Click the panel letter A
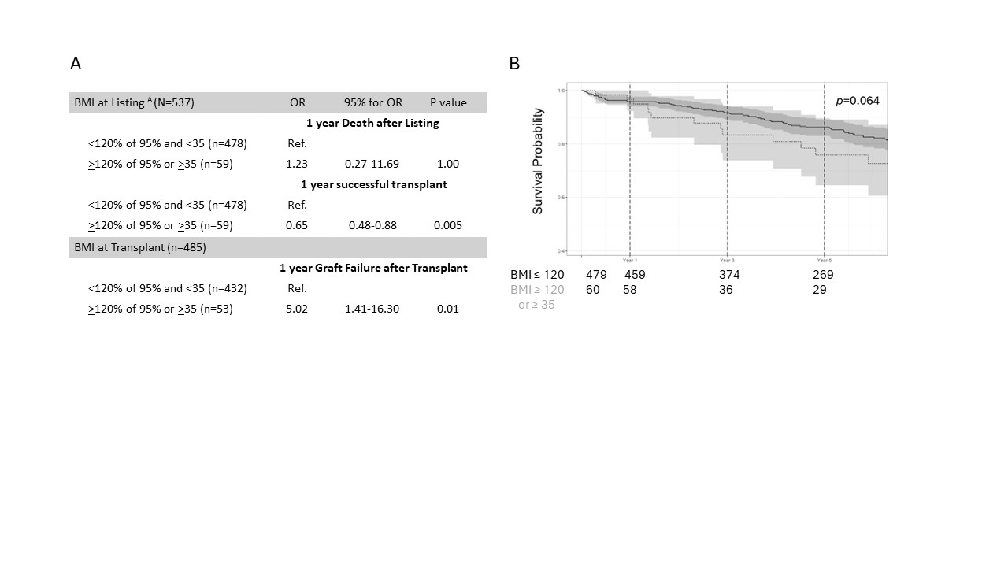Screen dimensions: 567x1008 pyautogui.click(x=76, y=64)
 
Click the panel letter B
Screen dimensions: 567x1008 pyautogui.click(x=514, y=64)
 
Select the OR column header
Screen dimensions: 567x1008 pyautogui.click(x=297, y=102)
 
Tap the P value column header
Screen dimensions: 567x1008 pyautogui.click(x=448, y=102)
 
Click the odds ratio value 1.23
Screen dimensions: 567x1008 pyautogui.click(x=297, y=164)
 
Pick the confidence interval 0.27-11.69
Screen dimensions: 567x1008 pyautogui.click(x=372, y=164)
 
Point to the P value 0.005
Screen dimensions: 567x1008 pyautogui.click(x=448, y=225)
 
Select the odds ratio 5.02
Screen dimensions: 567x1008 pyautogui.click(x=297, y=309)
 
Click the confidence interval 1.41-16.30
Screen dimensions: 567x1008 pyautogui.click(x=372, y=309)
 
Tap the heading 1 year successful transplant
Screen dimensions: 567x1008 pyautogui.click(x=373, y=184)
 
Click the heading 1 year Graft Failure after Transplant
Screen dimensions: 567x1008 pyautogui.click(x=373, y=268)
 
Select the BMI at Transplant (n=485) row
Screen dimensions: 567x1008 pyautogui.click(x=139, y=247)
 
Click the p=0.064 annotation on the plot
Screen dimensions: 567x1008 pyautogui.click(x=858, y=101)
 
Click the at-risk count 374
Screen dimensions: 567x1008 pyautogui.click(x=729, y=275)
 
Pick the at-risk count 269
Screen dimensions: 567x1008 pyautogui.click(x=823, y=275)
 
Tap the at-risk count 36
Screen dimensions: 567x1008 pyautogui.click(x=726, y=290)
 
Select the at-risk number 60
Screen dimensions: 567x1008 pyautogui.click(x=593, y=290)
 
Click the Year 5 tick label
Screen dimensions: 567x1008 pyautogui.click(x=824, y=260)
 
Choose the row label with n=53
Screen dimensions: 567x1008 pyautogui.click(x=161, y=309)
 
